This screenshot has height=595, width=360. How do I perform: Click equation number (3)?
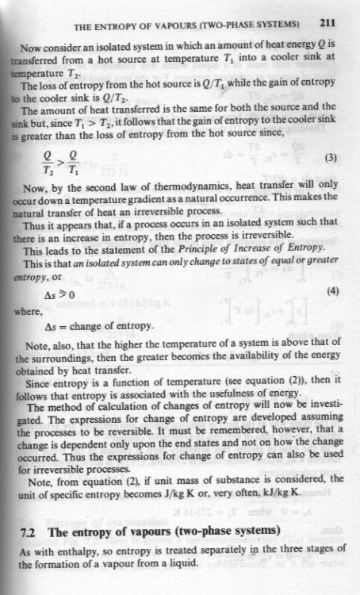(335, 179)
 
